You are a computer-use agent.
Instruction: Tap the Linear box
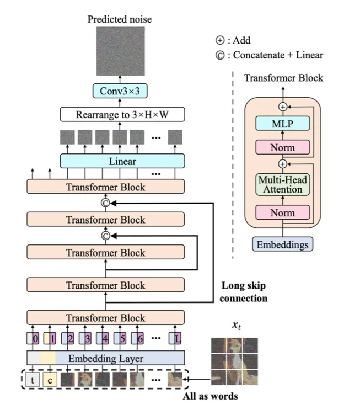[122, 162]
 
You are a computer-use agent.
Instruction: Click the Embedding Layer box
[106, 359]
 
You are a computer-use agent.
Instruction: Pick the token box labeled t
[34, 380]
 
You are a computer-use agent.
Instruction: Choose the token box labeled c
[49, 380]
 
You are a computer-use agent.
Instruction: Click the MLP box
[282, 124]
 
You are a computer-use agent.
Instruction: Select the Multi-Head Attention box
[282, 184]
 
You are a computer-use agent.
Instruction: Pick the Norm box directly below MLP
[282, 147]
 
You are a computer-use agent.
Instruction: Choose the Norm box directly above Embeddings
[282, 212]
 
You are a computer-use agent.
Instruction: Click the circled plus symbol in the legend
[219, 40]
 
